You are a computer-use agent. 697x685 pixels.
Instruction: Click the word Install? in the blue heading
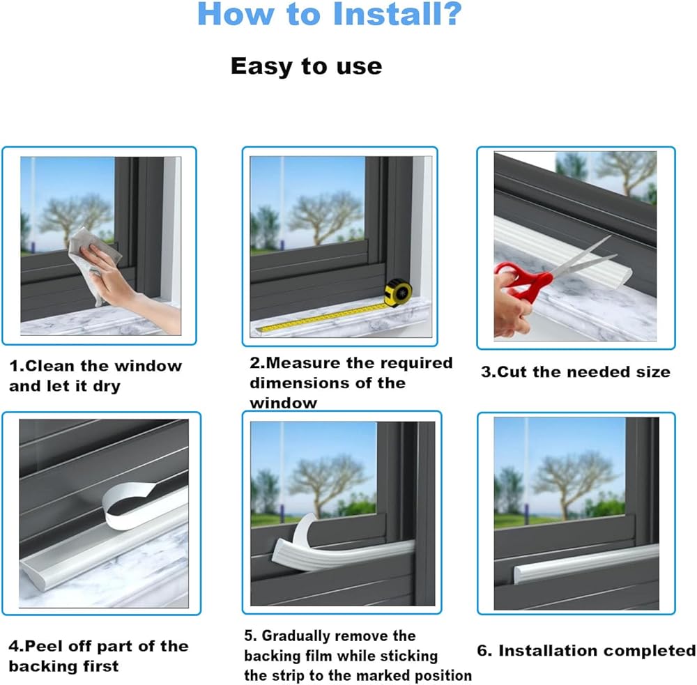click(397, 14)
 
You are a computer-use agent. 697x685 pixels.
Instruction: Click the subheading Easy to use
click(306, 66)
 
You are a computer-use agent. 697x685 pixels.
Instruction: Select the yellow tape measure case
click(398, 292)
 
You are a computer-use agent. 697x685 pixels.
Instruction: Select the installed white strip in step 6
click(586, 563)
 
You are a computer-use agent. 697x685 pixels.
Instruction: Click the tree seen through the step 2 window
click(325, 215)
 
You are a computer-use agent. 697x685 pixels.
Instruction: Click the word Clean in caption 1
click(49, 366)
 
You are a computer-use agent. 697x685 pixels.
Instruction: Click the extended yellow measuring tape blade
click(323, 317)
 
